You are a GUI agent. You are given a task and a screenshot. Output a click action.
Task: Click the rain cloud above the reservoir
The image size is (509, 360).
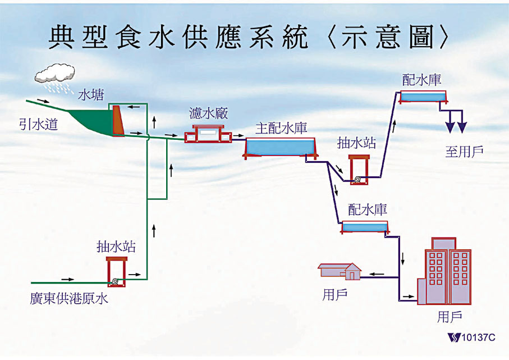tap(54, 73)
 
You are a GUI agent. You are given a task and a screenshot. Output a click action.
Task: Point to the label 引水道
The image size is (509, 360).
tap(38, 124)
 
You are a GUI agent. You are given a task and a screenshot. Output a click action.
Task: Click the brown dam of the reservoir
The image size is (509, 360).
tap(118, 120)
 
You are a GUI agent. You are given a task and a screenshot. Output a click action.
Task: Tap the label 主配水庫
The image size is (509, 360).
tap(281, 127)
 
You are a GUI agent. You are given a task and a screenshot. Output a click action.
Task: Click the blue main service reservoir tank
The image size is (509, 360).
tap(281, 147)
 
